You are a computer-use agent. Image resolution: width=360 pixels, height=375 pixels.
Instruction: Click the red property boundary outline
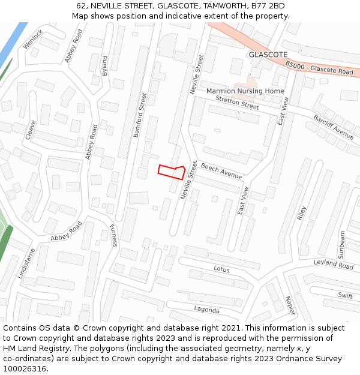coord(171,172)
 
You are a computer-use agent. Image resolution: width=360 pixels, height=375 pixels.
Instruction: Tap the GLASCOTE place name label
coord(268,54)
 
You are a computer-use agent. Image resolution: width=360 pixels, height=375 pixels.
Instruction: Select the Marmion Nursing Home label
coord(245,91)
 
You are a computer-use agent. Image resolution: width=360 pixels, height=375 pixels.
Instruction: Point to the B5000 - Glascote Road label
coord(319,68)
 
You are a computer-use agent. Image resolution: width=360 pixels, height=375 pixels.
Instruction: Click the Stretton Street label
coord(237,103)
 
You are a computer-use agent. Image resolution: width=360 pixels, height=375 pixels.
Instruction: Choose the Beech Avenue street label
coord(221,171)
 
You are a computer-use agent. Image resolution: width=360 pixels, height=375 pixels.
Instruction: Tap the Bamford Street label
coord(140,115)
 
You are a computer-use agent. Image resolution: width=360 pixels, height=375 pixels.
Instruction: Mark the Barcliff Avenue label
coord(334,127)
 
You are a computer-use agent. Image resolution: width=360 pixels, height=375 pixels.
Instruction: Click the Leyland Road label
coord(334,264)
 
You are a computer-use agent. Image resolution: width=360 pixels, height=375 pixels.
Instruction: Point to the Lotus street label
coord(221,269)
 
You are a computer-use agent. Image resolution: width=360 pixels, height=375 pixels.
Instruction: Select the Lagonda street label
coord(206,310)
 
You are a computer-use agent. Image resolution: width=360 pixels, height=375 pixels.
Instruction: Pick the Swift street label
coord(345,295)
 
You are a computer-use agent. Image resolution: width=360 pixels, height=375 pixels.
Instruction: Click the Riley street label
coord(302,214)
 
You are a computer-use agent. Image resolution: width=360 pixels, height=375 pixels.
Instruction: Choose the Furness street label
coord(113,235)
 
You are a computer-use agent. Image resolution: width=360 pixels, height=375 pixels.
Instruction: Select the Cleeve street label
coord(31,130)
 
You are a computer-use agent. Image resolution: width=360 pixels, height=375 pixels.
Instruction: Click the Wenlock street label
coord(32,40)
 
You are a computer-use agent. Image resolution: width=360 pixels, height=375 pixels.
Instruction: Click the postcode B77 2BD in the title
coord(268,6)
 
